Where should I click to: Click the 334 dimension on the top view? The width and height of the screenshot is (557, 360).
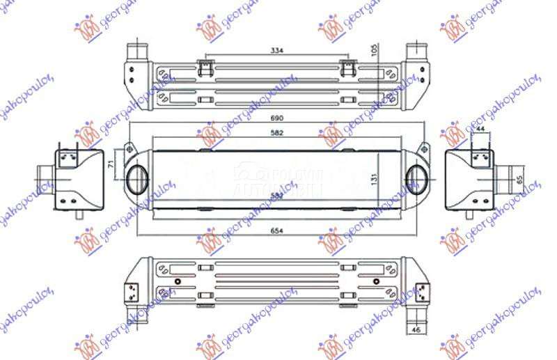pyautogui.click(x=278, y=50)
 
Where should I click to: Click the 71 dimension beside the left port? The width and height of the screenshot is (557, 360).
pyautogui.click(x=110, y=164)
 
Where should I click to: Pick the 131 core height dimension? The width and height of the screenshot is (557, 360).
pyautogui.click(x=375, y=180)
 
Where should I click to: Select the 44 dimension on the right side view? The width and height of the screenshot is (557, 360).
pyautogui.click(x=480, y=130)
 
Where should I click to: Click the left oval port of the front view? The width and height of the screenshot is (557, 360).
pyautogui.click(x=136, y=178)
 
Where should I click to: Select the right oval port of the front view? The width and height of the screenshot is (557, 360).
pyautogui.click(x=419, y=178)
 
